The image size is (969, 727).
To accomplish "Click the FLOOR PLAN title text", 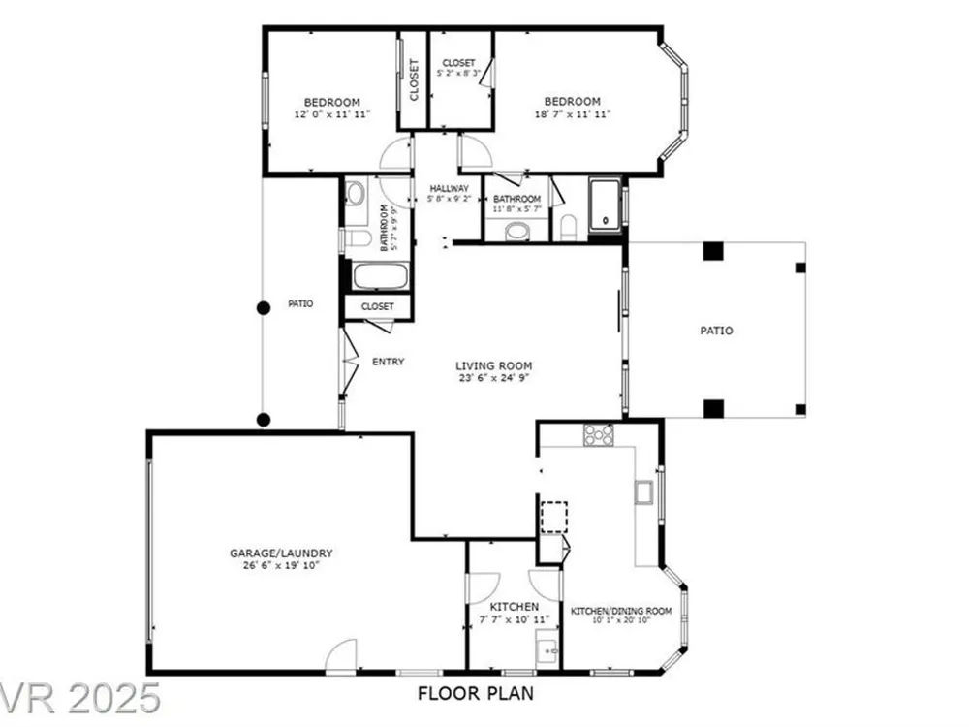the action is point(475,693).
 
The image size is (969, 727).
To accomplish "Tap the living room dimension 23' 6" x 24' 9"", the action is point(494,378).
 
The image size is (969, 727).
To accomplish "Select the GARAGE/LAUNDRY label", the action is point(281,553).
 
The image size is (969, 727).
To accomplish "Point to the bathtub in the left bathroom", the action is point(380,276).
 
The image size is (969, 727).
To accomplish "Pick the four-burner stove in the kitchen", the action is point(598,434).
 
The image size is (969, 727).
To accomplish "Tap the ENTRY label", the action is point(389,362).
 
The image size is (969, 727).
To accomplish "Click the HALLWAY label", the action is point(450,189).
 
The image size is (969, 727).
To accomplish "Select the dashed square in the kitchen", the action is point(554,517).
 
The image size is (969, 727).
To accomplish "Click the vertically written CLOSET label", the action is point(414,79).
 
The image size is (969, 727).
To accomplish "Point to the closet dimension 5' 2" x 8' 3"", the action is point(458,73).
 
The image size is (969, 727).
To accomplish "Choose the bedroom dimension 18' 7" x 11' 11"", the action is point(573,113).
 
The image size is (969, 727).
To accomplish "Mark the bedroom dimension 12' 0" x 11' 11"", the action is point(332,114).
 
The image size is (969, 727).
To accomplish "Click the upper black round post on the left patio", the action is point(264,308).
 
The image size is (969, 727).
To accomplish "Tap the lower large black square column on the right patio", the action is point(713,409).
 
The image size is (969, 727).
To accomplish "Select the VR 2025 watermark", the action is point(80,699).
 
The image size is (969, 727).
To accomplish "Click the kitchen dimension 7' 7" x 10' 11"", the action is point(515,619).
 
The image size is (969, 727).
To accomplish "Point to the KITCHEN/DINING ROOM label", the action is point(621,611).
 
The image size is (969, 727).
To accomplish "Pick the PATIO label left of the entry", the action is point(300,303).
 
